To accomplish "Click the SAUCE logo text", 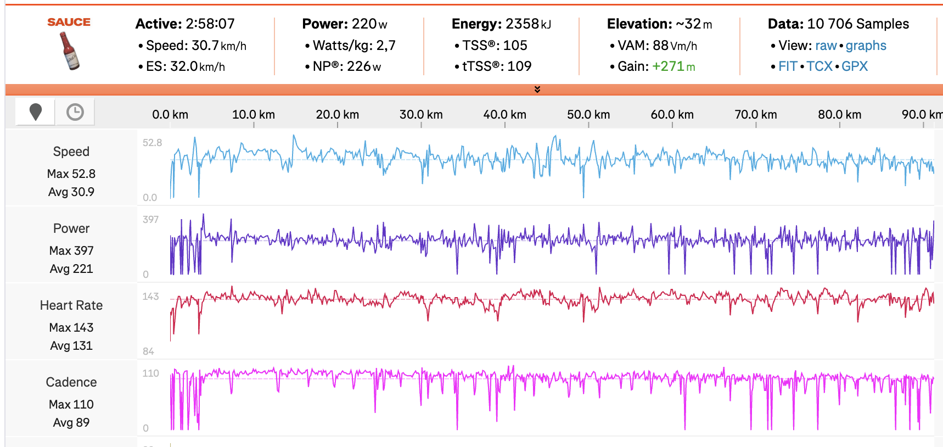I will [69, 22].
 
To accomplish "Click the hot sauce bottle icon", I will [69, 51].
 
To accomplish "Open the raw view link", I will [826, 46].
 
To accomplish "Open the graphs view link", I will [866, 46].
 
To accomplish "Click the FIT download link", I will [788, 66].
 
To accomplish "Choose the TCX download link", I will [819, 66].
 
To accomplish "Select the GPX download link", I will [855, 66].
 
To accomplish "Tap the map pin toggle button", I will [36, 112].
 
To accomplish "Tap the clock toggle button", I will [75, 112].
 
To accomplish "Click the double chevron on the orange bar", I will [537, 90].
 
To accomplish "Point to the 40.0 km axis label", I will [504, 115].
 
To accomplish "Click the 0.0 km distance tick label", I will [170, 115].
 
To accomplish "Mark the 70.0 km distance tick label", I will [756, 115].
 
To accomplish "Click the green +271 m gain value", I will [673, 66].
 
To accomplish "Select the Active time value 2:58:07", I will [210, 24].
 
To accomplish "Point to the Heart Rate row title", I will [71, 305].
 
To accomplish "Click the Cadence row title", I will [71, 382].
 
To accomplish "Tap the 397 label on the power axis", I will [150, 220].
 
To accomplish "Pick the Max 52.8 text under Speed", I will [71, 174].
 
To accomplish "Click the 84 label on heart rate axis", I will [148, 351].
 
